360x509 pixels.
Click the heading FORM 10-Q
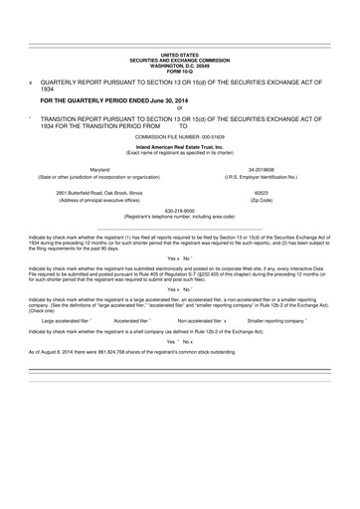point(180,73)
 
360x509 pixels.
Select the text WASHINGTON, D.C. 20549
point(180,68)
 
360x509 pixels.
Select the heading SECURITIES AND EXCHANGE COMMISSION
point(180,63)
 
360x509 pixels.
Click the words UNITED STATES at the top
point(180,58)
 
